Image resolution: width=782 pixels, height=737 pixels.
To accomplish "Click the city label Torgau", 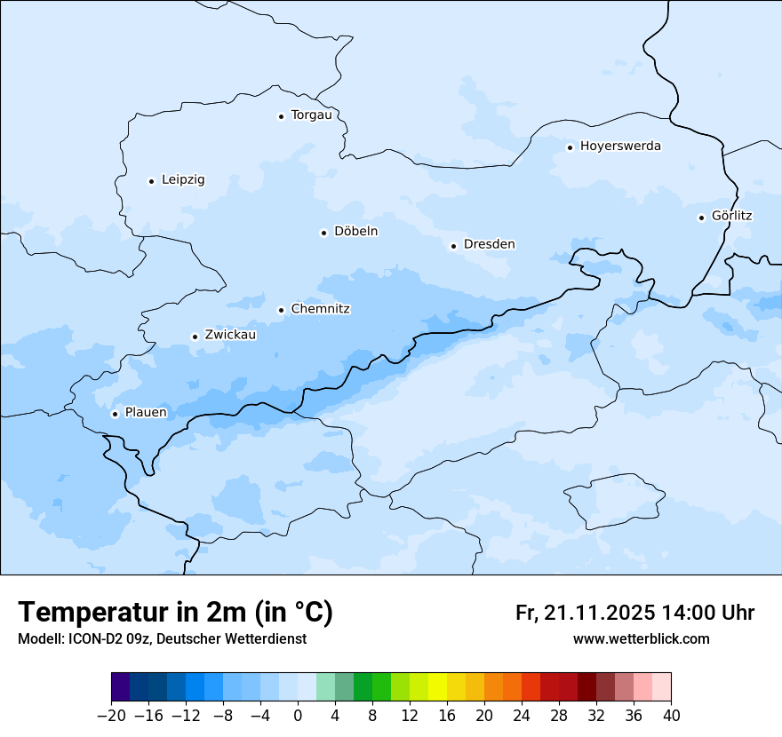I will pyautogui.click(x=311, y=115).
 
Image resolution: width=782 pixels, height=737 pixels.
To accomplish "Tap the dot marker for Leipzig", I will pyautogui.click(x=151, y=181).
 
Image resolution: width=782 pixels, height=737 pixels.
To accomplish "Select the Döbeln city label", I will pyautogui.click(x=355, y=232).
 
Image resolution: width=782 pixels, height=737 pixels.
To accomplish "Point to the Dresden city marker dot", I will pyautogui.click(x=453, y=246).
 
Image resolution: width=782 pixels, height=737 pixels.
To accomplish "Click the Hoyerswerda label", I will pyautogui.click(x=620, y=147).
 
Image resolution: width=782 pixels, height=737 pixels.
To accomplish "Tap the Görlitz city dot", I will pyautogui.click(x=701, y=218).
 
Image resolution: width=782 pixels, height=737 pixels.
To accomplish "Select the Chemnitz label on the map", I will pyautogui.click(x=320, y=310).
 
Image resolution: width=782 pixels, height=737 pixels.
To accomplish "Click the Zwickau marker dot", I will pyautogui.click(x=195, y=337).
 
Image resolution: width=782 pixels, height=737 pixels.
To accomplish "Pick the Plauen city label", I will pyautogui.click(x=146, y=413).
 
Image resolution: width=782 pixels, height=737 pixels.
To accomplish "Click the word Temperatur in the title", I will pyautogui.click(x=87, y=613).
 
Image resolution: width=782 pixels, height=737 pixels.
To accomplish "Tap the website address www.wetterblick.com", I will pyautogui.click(x=641, y=639).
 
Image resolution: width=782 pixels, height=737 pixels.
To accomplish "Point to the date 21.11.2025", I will pyautogui.click(x=600, y=613).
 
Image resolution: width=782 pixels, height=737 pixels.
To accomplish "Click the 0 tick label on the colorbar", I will pyautogui.click(x=298, y=716).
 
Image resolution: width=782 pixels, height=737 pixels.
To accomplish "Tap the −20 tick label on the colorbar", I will pyautogui.click(x=110, y=716).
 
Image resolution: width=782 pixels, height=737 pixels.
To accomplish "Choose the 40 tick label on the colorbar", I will pyautogui.click(x=671, y=716).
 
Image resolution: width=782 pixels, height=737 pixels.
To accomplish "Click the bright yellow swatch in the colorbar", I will pyautogui.click(x=437, y=687).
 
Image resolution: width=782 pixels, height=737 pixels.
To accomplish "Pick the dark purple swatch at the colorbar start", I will pyautogui.click(x=121, y=687).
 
